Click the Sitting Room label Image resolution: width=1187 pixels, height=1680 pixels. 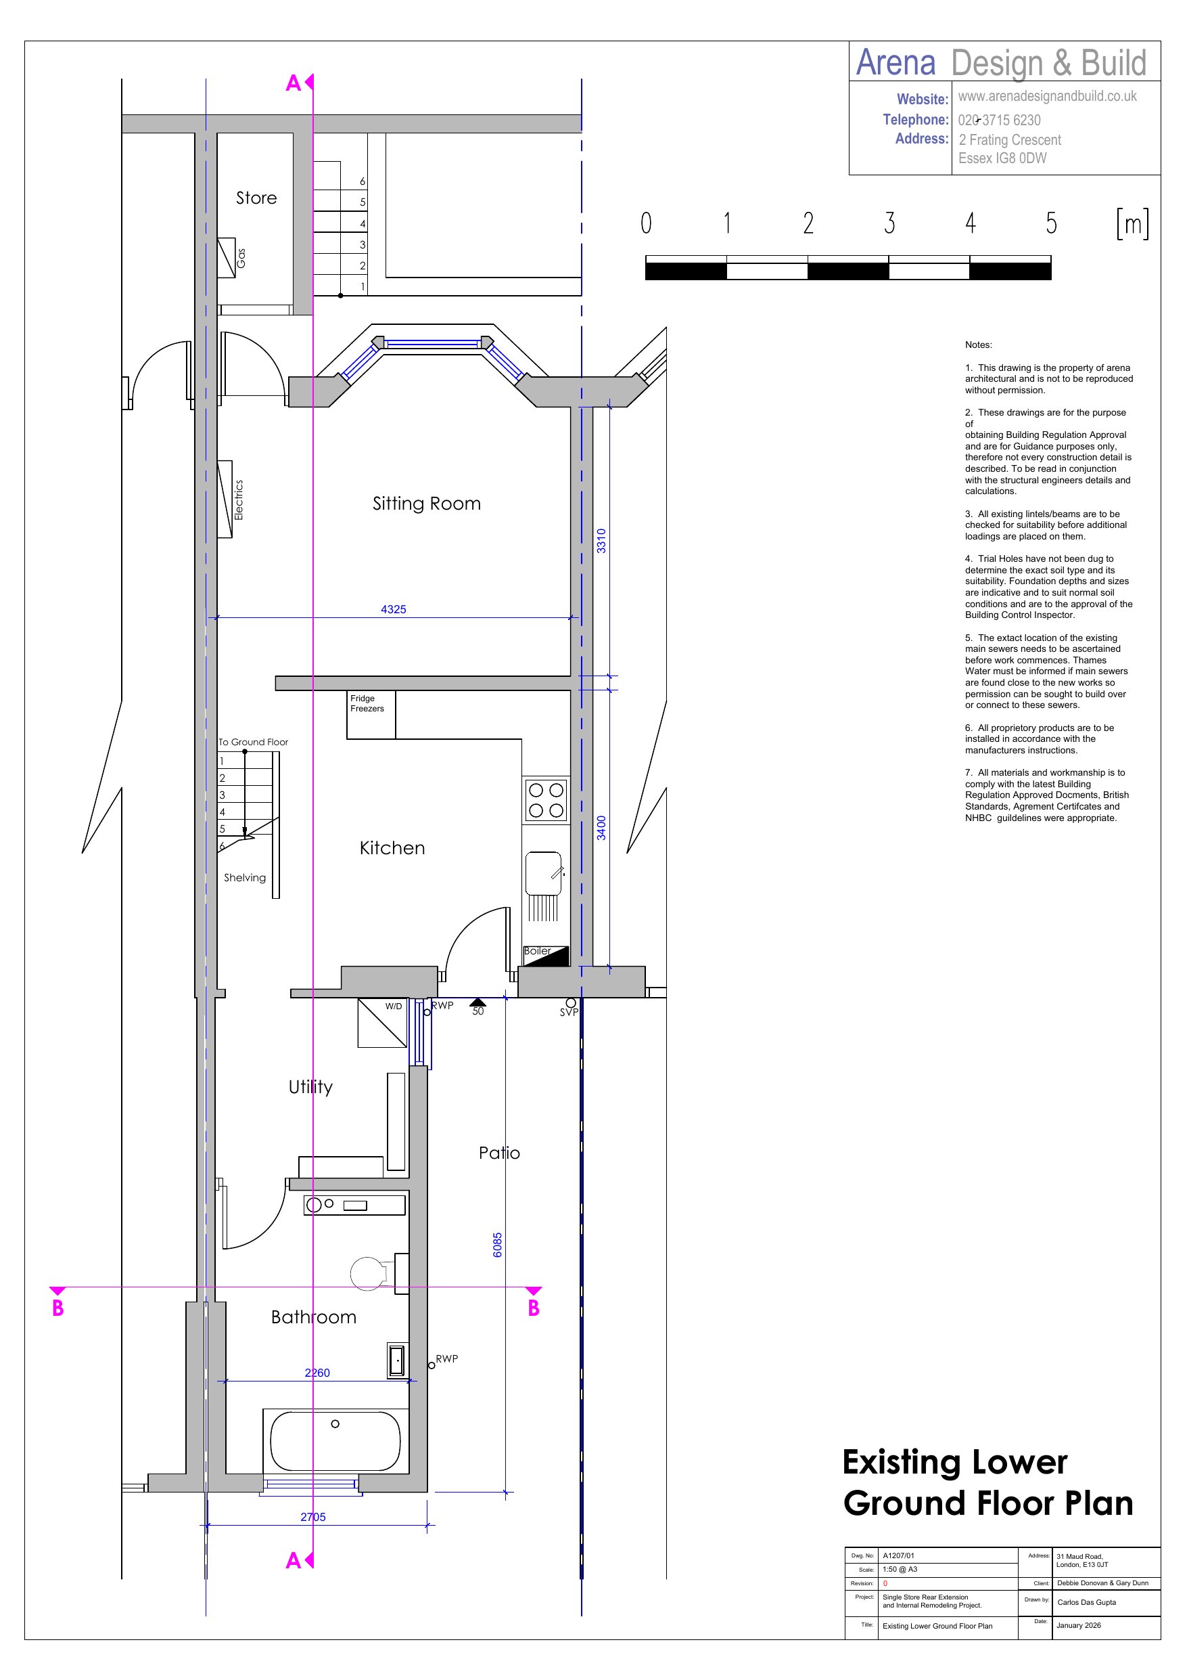(426, 504)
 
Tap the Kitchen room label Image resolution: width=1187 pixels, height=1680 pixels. (392, 848)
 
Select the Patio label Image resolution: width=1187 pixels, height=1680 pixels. (500, 1153)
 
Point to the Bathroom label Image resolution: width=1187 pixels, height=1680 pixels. (314, 1317)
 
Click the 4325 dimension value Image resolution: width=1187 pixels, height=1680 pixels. (394, 609)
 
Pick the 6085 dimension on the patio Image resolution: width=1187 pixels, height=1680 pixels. (497, 1245)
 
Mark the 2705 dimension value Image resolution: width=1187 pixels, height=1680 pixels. (313, 1517)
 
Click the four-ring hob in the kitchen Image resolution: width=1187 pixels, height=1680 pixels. (546, 801)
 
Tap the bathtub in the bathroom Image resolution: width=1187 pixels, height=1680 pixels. (335, 1441)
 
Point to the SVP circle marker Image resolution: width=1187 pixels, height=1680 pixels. (570, 1003)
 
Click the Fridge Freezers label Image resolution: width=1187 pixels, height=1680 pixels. (367, 704)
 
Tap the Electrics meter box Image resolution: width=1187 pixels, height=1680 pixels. (225, 500)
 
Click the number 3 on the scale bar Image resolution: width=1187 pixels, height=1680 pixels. (889, 223)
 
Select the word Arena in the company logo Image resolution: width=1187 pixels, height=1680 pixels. (896, 62)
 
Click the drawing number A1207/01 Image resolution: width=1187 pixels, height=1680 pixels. (898, 1555)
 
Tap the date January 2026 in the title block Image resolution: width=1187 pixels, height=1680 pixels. (1079, 1625)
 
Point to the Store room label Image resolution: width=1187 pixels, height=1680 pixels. (256, 198)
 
